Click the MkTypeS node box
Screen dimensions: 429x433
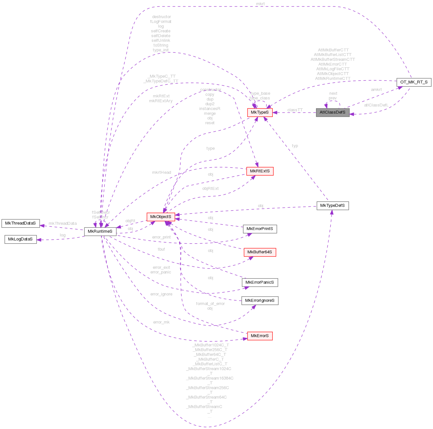click(x=260, y=112)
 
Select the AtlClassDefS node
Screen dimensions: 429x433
click(x=333, y=112)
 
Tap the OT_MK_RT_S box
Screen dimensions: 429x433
click(x=414, y=82)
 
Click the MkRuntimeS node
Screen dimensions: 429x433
click(x=100, y=231)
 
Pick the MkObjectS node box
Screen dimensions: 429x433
click(x=161, y=216)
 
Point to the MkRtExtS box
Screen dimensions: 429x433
click(x=260, y=171)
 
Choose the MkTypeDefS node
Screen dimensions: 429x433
click(x=333, y=205)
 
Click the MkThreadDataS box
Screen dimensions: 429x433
click(x=20, y=223)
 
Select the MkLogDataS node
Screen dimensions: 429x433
click(x=20, y=239)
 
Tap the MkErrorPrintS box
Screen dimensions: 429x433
click(x=260, y=229)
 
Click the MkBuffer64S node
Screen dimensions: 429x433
click(x=260, y=252)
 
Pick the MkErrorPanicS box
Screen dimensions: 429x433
click(x=260, y=282)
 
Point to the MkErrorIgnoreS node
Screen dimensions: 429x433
click(x=260, y=301)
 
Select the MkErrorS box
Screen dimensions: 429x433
click(x=260, y=336)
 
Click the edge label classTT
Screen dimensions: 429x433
click(x=295, y=110)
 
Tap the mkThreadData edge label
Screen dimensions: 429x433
click(x=63, y=223)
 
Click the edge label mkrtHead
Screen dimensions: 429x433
click(x=161, y=172)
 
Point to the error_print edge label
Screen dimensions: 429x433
click(x=161, y=237)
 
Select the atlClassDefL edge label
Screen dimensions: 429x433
click(x=376, y=105)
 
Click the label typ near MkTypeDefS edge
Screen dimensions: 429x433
click(x=295, y=146)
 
